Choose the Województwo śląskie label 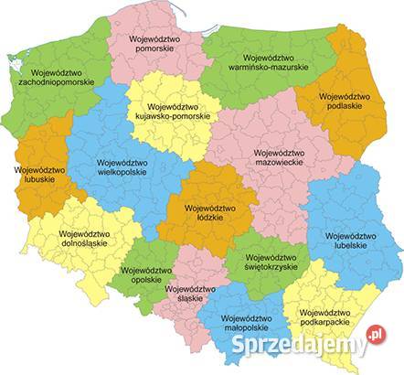click(x=190, y=294)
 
